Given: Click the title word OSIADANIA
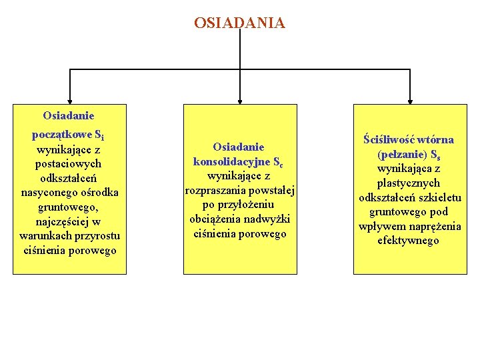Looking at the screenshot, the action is point(239,23).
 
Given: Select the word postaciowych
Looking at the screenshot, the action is point(70,163).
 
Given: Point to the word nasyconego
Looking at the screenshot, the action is point(48,193).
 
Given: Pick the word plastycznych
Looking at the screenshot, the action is point(409,183).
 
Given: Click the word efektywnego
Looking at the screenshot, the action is point(409,241).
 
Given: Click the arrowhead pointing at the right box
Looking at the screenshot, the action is point(409,99).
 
